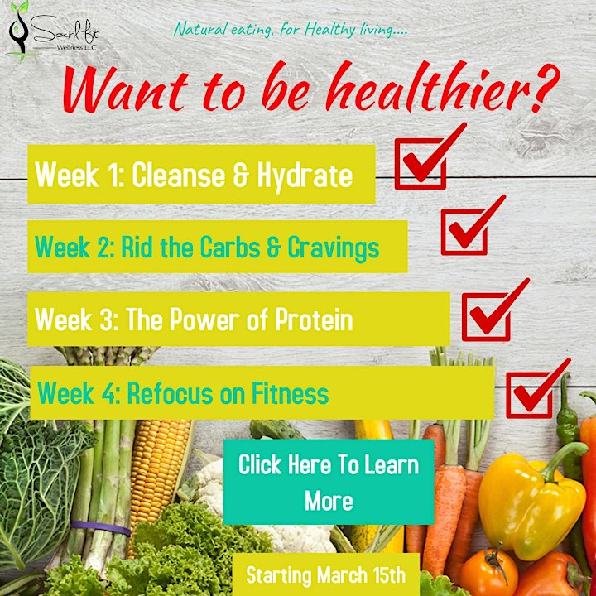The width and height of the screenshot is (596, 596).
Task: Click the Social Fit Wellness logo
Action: tap(53, 32)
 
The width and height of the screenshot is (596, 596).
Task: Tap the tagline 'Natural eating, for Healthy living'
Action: tap(291, 30)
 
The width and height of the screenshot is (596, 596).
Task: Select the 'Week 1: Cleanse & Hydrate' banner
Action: tap(201, 174)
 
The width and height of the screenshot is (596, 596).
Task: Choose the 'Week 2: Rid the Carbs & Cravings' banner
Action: tap(218, 247)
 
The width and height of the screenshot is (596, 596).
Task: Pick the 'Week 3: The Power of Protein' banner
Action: tap(238, 319)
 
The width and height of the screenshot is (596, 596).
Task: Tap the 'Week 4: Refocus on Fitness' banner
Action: tap(262, 392)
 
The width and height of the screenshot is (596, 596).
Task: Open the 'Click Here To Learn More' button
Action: tap(329, 482)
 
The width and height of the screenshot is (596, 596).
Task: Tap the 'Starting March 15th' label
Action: tap(326, 574)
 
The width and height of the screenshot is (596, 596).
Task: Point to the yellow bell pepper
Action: tap(532, 502)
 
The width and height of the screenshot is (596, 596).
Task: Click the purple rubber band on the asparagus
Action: tap(101, 527)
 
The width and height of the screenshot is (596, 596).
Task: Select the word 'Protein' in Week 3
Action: tap(314, 320)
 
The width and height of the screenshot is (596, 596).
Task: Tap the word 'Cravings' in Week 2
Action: tap(334, 248)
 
